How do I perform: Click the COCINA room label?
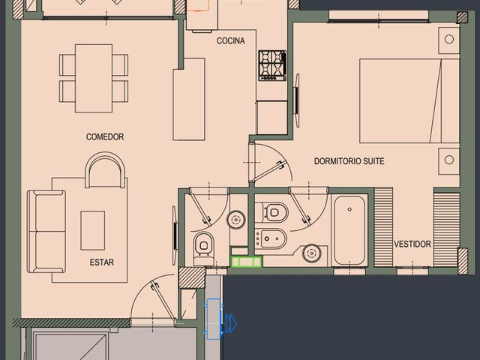tap(230, 40)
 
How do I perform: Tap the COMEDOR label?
tap(105, 136)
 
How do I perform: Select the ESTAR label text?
tap(102, 262)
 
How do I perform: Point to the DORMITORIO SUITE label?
tap(349, 161)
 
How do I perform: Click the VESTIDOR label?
tap(412, 244)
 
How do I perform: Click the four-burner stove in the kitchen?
tap(272, 65)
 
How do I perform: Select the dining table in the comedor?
tap(94, 78)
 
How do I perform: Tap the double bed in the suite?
tap(409, 101)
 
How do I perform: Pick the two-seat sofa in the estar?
tap(46, 232)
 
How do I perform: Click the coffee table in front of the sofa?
tap(93, 230)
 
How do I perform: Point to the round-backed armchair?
tap(105, 170)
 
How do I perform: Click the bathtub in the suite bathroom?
tap(349, 230)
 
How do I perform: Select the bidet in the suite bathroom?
tap(271, 238)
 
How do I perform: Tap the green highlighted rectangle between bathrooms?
tap(247, 262)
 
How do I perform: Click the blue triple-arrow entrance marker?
tap(231, 323)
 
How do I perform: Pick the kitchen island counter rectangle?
tap(189, 99)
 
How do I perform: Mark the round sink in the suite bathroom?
tap(312, 253)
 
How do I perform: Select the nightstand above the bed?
tap(449, 40)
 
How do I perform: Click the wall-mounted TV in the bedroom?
tap(296, 100)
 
